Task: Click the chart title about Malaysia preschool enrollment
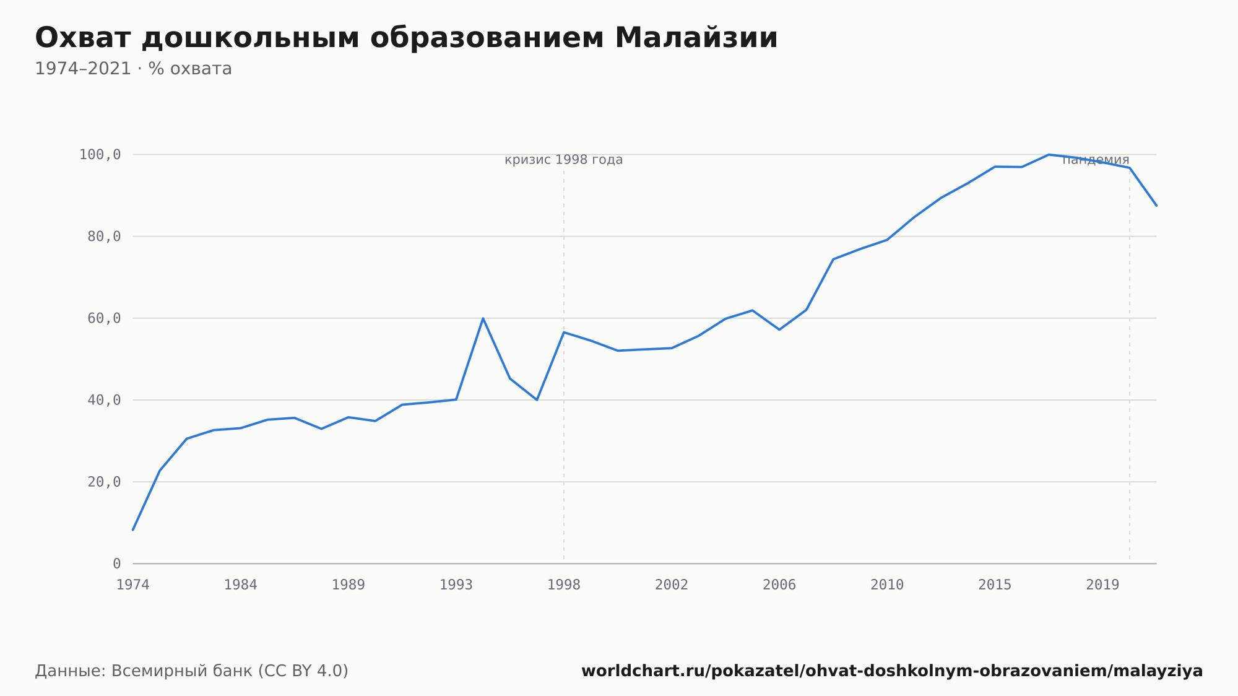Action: pyautogui.click(x=406, y=38)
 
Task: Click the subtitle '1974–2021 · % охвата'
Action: pyautogui.click(x=133, y=69)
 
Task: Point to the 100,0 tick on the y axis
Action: pyautogui.click(x=100, y=155)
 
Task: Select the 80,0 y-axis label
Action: pyautogui.click(x=105, y=237)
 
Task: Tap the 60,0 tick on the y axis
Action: pyautogui.click(x=105, y=318)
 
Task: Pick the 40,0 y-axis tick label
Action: pyautogui.click(x=105, y=400)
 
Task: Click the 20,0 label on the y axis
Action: pyautogui.click(x=105, y=482)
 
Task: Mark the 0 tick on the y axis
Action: pyautogui.click(x=117, y=563)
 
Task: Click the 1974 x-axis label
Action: pyautogui.click(x=133, y=585)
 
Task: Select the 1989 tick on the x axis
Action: pyautogui.click(x=348, y=585)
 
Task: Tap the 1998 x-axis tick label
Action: pyautogui.click(x=564, y=585)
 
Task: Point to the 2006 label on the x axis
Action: pyautogui.click(x=779, y=585)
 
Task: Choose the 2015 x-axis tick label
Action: pyautogui.click(x=995, y=585)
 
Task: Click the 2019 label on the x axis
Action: pyautogui.click(x=1102, y=585)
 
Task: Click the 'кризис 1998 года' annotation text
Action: pyautogui.click(x=564, y=160)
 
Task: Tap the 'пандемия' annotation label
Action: pyautogui.click(x=1096, y=160)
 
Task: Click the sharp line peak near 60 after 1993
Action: pyautogui.click(x=483, y=318)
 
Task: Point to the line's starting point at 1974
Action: pyautogui.click(x=133, y=529)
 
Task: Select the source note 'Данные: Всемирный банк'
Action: pyautogui.click(x=192, y=671)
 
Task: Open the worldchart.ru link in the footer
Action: pyautogui.click(x=892, y=671)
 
